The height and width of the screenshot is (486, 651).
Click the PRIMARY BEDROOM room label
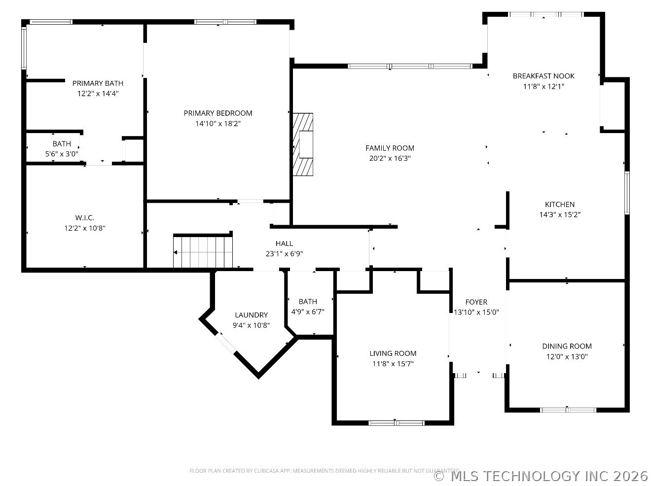click(217, 113)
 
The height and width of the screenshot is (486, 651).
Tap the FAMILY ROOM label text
click(390, 148)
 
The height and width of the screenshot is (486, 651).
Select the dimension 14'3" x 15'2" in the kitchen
click(560, 214)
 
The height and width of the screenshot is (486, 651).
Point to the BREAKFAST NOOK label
click(543, 76)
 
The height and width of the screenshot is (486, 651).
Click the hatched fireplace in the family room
click(303, 144)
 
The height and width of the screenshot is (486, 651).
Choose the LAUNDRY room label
click(251, 314)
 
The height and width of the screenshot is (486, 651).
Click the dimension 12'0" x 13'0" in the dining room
click(567, 356)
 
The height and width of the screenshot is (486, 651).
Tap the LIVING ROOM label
click(393, 353)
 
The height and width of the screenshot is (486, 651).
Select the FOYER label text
click(476, 302)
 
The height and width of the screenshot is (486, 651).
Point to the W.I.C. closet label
click(85, 218)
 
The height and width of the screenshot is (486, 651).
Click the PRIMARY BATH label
click(98, 83)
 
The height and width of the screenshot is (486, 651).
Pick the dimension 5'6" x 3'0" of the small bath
click(62, 154)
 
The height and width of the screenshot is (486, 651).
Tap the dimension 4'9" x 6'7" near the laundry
click(308, 312)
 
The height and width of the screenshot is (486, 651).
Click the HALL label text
click(284, 243)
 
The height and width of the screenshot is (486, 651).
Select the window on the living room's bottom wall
click(396, 423)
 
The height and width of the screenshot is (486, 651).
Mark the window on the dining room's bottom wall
click(568, 410)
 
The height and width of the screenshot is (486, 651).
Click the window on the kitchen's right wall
click(627, 193)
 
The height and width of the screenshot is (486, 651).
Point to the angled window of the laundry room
click(226, 343)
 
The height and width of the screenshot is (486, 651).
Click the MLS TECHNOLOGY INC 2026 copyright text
click(541, 476)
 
